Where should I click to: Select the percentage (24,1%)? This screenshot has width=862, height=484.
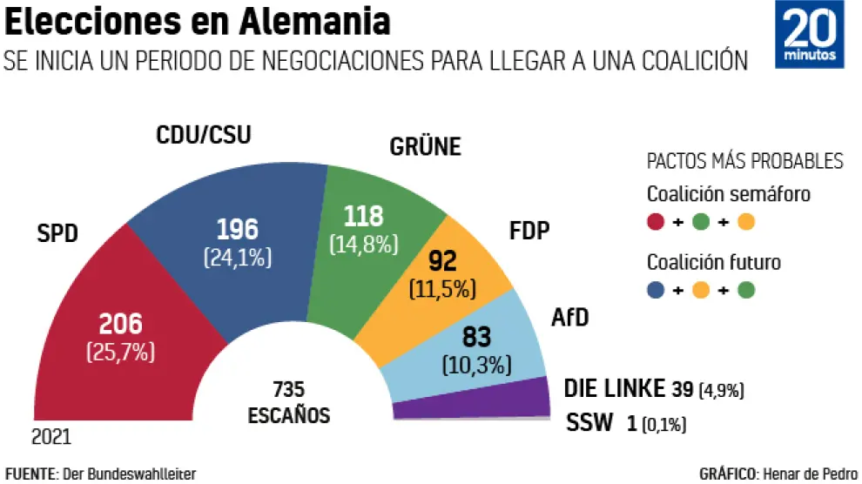238,257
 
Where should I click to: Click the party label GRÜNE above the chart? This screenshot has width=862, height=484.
424,146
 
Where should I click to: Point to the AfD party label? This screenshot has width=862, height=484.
570,318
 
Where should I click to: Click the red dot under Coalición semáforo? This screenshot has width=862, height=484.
656,222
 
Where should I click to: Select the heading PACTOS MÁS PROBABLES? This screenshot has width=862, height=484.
744,161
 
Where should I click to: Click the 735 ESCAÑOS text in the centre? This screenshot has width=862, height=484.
288,401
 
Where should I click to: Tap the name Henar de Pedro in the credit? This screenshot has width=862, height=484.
809,474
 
